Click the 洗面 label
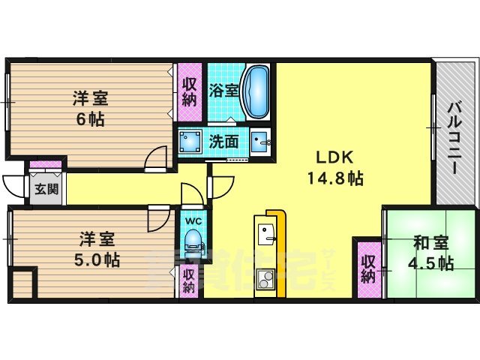click(x=223, y=140)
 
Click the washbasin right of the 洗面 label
click(x=260, y=141)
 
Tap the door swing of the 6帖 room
click(x=155, y=158)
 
